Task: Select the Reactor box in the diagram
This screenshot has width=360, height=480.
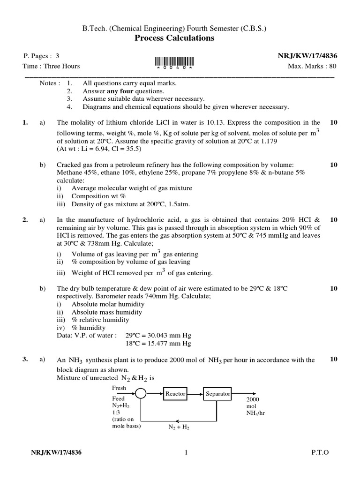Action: (175, 394)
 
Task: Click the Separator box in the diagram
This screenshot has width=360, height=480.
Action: (217, 394)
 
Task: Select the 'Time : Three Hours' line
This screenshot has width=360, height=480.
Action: (52, 66)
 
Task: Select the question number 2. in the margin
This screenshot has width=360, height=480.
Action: (25, 219)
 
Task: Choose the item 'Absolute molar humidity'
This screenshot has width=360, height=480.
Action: (107, 304)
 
